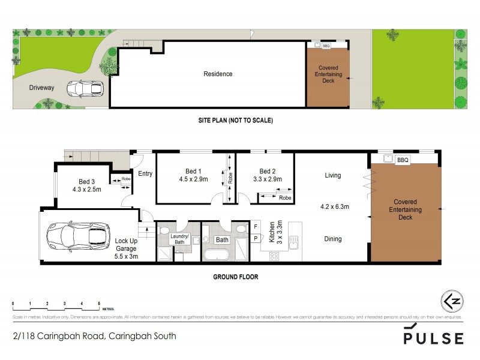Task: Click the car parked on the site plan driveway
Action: [x=85, y=89]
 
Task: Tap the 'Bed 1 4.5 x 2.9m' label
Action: [x=193, y=175]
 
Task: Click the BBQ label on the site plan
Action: [x=326, y=46]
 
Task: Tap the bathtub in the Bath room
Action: [x=215, y=255]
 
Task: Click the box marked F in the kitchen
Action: [x=256, y=226]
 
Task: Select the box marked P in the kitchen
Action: [x=256, y=238]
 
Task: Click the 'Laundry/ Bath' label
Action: [x=179, y=239]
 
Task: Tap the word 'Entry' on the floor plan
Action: [x=145, y=174]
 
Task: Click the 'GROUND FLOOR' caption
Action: [x=236, y=277]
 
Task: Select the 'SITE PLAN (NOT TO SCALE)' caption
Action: [x=236, y=121]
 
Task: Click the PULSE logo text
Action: [x=433, y=338]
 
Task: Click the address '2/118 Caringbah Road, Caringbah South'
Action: [x=94, y=336]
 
